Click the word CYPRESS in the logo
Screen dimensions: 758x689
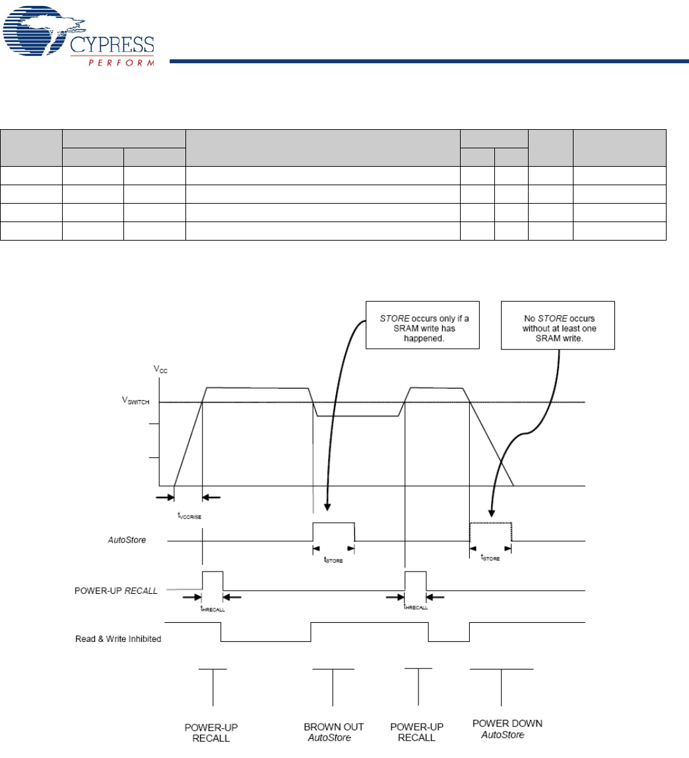[112, 45]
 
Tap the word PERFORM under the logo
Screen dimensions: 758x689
[121, 63]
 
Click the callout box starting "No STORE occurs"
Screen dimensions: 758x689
[558, 324]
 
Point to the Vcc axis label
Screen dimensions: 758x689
[161, 369]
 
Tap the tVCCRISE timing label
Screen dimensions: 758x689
[189, 515]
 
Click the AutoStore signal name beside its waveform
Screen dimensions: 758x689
[127, 540]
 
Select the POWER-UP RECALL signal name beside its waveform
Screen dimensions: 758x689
[116, 591]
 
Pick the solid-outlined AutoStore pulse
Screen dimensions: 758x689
[333, 532]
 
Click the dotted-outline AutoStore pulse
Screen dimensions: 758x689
[490, 531]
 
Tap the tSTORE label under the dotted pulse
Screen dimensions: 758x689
[490, 558]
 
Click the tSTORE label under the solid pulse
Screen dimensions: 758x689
[333, 560]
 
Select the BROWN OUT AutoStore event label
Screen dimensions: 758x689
[333, 732]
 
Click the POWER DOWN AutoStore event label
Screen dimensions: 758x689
[507, 728]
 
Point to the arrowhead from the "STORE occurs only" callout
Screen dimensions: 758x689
[328, 507]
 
